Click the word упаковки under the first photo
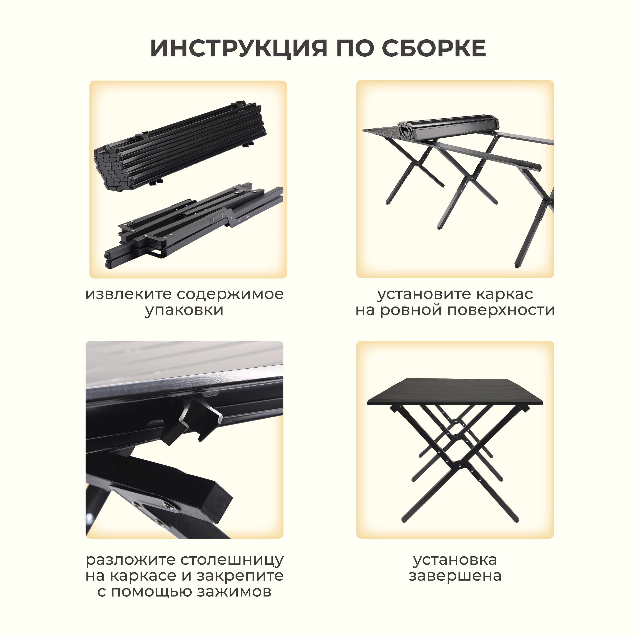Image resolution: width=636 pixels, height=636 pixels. pyautogui.click(x=184, y=310)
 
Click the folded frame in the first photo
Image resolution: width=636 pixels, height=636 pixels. pyautogui.click(x=194, y=224)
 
